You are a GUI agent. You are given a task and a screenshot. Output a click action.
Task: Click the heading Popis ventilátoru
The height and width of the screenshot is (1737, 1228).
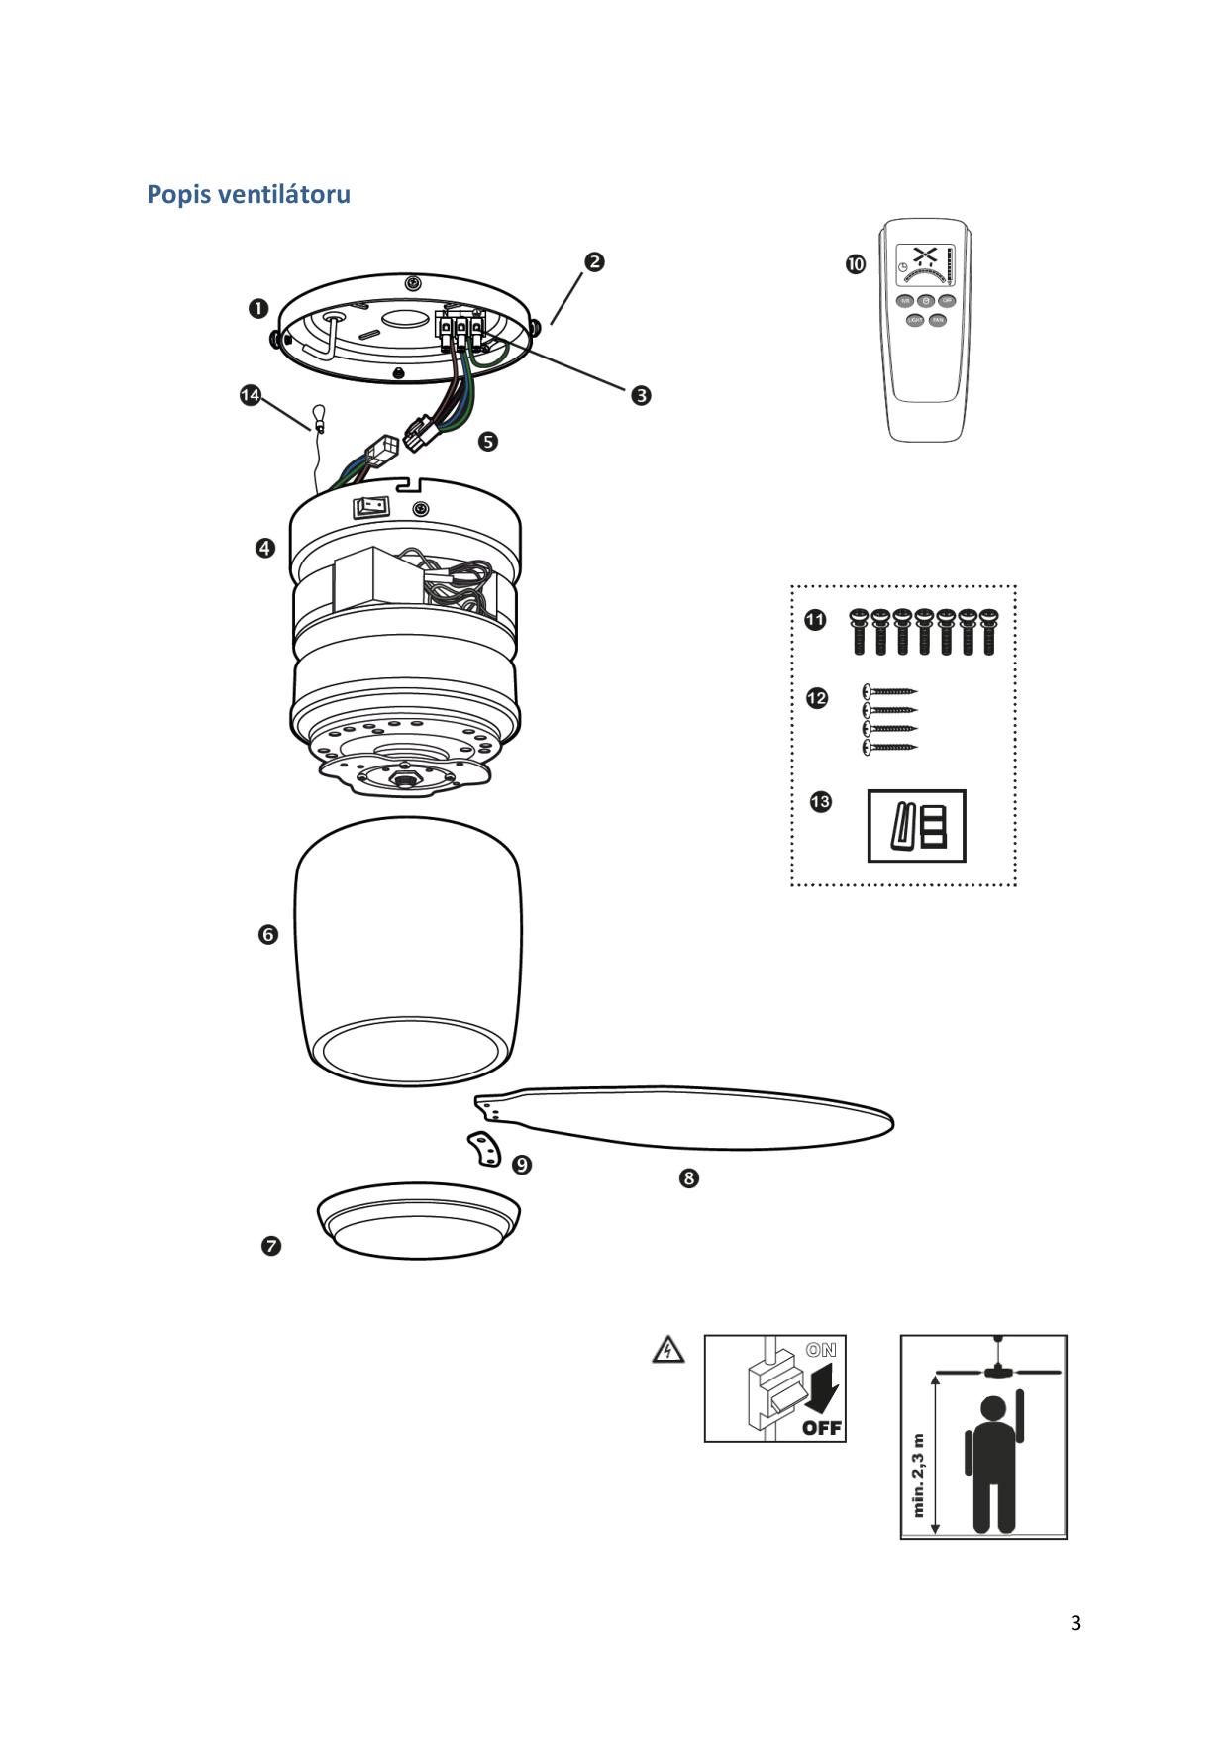click(x=249, y=194)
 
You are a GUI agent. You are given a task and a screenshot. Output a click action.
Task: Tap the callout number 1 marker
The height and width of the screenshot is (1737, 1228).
click(x=257, y=309)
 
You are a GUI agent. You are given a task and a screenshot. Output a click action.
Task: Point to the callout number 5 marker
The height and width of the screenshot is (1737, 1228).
click(x=488, y=441)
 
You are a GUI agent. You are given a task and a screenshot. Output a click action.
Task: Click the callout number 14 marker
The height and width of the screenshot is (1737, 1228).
click(x=251, y=396)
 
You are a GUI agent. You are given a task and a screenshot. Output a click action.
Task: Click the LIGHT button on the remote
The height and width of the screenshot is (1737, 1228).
click(x=915, y=320)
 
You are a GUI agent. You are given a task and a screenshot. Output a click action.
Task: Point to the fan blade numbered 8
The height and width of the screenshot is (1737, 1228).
click(x=693, y=1117)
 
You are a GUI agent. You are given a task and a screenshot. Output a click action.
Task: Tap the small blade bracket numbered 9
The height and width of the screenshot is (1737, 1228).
click(x=484, y=1149)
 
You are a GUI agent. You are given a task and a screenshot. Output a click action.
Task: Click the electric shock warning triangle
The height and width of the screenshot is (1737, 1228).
click(x=669, y=1349)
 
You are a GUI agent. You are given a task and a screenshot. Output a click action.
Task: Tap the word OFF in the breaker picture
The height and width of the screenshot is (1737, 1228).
click(x=822, y=1427)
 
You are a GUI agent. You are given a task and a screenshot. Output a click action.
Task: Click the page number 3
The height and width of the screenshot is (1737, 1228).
click(x=1075, y=1623)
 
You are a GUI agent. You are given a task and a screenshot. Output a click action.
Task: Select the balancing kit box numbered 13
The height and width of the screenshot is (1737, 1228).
click(x=916, y=826)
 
